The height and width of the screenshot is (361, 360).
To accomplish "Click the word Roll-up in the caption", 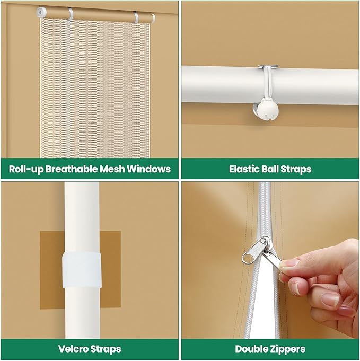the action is point(26,169).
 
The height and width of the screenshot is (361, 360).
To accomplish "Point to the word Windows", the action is point(148,169).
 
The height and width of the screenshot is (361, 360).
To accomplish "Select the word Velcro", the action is point(73,349).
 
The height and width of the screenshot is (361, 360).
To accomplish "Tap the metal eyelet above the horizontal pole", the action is point(269,67).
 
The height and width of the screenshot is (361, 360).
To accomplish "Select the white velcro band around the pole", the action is point(82,270).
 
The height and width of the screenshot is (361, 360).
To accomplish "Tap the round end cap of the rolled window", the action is point(41,12).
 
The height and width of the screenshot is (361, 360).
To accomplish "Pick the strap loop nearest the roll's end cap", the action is point(71,14).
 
